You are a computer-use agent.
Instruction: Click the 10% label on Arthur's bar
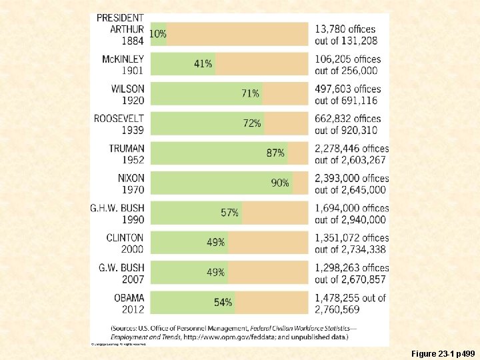158,33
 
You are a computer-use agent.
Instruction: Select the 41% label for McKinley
203,63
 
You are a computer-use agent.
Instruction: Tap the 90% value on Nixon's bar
280,183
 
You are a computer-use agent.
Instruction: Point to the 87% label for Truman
275,153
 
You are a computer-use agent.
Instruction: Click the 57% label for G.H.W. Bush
229,213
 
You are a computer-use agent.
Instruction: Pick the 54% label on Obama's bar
223,302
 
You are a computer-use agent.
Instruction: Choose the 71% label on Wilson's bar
251,93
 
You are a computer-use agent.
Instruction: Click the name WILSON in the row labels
128,89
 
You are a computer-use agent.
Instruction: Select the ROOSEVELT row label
119,119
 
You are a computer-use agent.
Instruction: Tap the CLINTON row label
125,237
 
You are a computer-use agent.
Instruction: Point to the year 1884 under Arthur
132,41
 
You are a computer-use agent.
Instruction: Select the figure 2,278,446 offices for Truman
351,148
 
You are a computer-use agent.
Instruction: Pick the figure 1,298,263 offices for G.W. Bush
351,267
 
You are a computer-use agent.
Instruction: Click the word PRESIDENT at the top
120,17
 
